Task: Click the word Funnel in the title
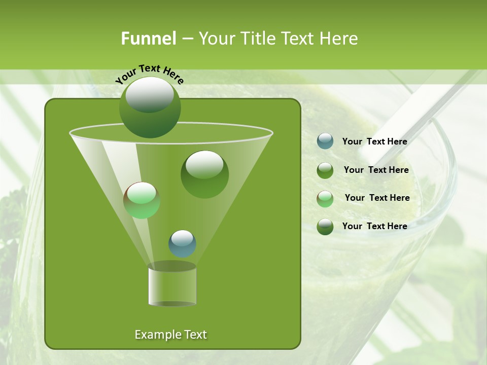(148, 39)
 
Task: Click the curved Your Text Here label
(150, 73)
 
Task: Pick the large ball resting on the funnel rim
(150, 107)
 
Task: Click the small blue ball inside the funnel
(182, 243)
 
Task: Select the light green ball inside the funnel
(142, 200)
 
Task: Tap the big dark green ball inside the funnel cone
(204, 174)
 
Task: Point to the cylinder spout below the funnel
(172, 284)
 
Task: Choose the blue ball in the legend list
(325, 141)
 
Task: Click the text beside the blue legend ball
(374, 141)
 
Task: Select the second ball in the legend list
(325, 170)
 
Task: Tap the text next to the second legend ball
(376, 170)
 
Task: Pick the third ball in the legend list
(325, 199)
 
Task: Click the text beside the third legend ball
(377, 198)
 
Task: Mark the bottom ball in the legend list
(325, 227)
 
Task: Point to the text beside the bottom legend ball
(374, 226)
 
